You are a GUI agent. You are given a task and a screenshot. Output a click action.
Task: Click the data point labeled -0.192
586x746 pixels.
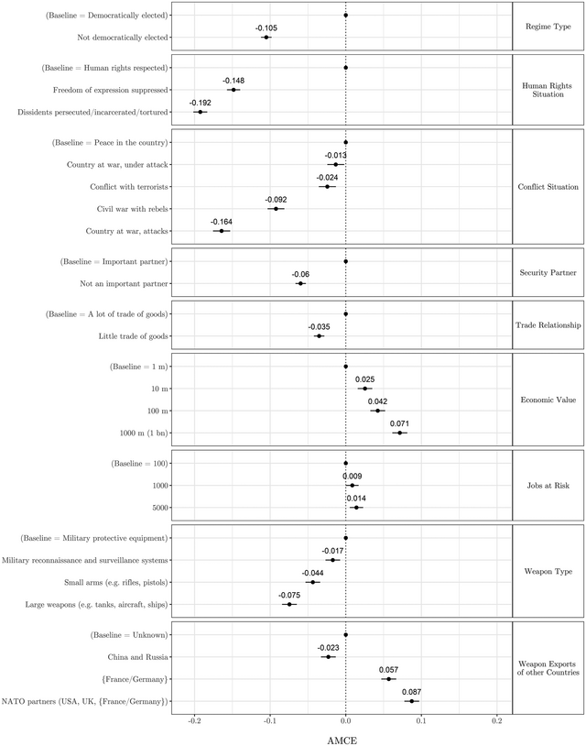[200, 112]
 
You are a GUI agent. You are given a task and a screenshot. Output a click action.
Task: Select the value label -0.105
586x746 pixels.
[266, 28]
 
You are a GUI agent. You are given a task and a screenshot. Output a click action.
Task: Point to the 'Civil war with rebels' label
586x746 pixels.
[132, 209]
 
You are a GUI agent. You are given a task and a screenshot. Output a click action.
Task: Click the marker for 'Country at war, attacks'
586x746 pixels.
[221, 231]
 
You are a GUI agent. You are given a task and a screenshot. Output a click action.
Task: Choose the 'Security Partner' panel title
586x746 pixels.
[547, 272]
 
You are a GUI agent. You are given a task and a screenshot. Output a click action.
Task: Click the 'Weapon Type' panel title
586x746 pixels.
[547, 572]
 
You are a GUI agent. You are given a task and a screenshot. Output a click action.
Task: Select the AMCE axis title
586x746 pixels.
[345, 737]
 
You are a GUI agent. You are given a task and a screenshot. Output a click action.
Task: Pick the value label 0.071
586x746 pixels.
[399, 423]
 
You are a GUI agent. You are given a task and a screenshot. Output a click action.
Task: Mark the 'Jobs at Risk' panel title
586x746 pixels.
[547, 485]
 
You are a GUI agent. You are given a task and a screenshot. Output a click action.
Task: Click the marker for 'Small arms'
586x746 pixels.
[312, 582]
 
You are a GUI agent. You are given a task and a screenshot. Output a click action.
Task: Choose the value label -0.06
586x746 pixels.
[300, 275]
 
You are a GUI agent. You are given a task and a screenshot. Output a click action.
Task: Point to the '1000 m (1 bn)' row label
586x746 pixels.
[135, 433]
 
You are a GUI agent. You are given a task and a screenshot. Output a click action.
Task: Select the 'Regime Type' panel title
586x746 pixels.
[547, 27]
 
